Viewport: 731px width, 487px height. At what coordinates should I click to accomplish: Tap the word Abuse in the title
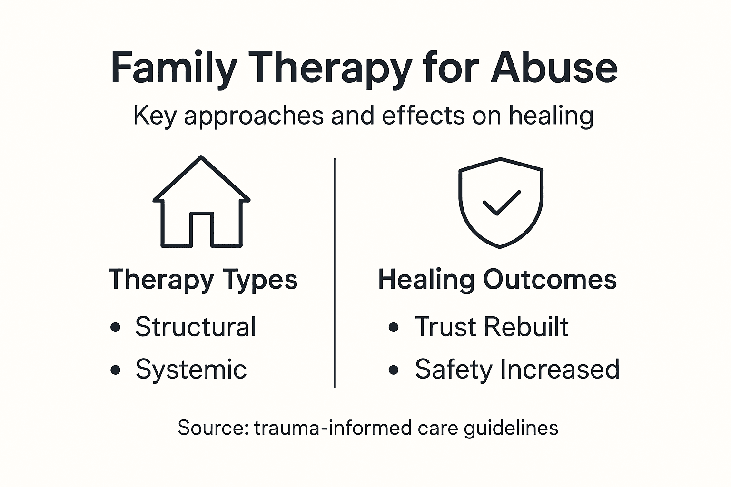point(554,67)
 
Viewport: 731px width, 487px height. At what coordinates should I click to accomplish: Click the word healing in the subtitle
point(551,116)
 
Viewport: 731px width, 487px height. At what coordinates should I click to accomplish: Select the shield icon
point(500,202)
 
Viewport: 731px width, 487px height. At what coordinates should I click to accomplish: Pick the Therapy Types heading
point(203,279)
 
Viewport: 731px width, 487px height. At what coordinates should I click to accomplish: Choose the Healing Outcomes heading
point(497,279)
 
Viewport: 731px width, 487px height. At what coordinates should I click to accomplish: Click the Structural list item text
point(196,327)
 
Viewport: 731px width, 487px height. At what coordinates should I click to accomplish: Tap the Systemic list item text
point(191,369)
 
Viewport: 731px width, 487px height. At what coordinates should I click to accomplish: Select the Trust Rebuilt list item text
point(492,327)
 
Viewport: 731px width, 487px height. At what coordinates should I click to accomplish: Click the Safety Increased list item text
point(517,369)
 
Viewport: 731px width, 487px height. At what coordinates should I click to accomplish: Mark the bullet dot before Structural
point(115,327)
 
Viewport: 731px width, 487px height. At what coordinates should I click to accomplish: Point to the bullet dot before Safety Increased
point(394,370)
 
